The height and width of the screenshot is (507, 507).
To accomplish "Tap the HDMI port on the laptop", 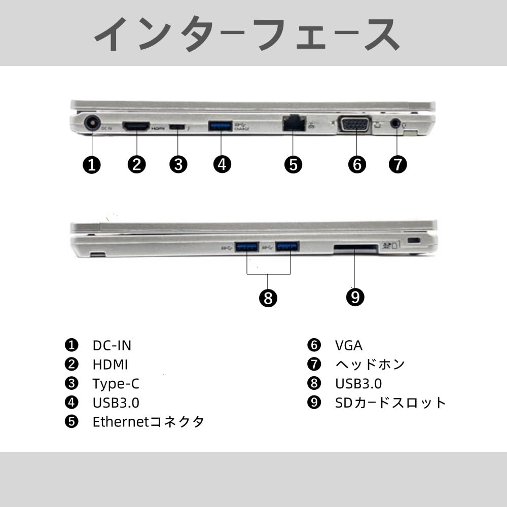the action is coord(136,126).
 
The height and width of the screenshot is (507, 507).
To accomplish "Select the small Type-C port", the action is coord(177,127).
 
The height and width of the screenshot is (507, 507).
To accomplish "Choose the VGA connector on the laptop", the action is coord(354,124).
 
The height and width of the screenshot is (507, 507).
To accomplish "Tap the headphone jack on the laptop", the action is coord(396,123).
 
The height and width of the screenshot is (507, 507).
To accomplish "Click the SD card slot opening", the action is coord(355,248).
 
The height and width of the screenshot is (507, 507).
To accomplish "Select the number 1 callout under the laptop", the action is coord(92,164).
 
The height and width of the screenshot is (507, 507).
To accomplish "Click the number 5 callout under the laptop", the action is coord(293,164).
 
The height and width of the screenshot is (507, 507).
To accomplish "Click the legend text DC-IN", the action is coord(112,346).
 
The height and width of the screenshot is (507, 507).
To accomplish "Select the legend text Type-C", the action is coord(116,384).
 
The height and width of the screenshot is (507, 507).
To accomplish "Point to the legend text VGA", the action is coord(349,346).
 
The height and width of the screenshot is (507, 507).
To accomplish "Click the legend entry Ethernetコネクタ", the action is coord(148,422).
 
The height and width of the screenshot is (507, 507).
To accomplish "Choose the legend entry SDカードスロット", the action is coord(390,403).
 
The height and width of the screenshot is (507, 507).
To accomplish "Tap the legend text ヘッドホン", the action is coord(370,365).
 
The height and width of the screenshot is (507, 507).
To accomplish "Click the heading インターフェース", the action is coord(247,33).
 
